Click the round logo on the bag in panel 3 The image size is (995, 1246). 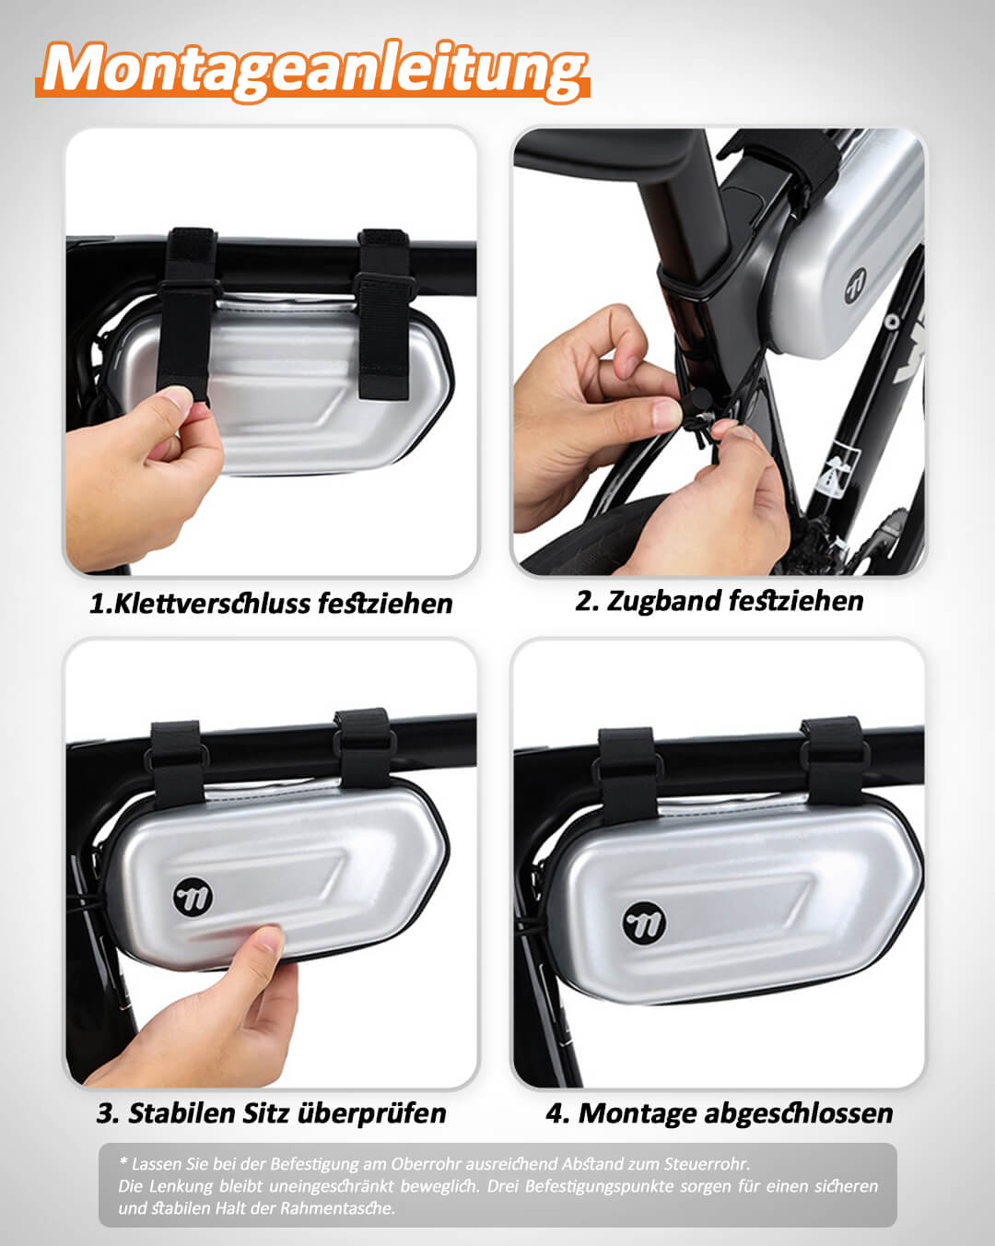pyautogui.click(x=193, y=897)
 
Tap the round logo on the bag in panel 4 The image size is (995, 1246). pyautogui.click(x=644, y=923)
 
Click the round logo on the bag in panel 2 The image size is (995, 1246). pyautogui.click(x=857, y=286)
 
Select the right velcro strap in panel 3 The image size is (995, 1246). pyautogui.click(x=364, y=747)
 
